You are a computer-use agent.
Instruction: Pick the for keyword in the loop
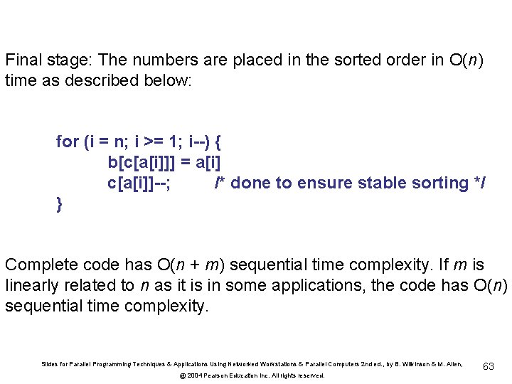[67, 142]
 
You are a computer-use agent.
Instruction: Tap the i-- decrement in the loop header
[201, 142]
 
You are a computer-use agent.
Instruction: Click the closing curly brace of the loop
[60, 205]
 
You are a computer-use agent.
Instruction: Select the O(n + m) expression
[195, 265]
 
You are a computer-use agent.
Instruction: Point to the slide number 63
[489, 366]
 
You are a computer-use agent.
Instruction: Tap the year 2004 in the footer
[196, 375]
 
